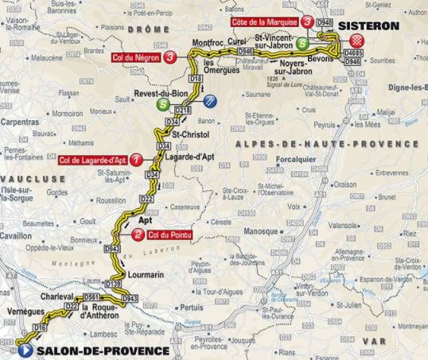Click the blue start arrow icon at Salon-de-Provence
[x=26, y=350]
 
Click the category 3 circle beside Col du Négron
[x=171, y=56]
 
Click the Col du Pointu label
[x=171, y=234]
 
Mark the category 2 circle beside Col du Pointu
[x=138, y=234]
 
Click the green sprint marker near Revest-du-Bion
[x=162, y=103]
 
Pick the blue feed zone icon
[x=210, y=100]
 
